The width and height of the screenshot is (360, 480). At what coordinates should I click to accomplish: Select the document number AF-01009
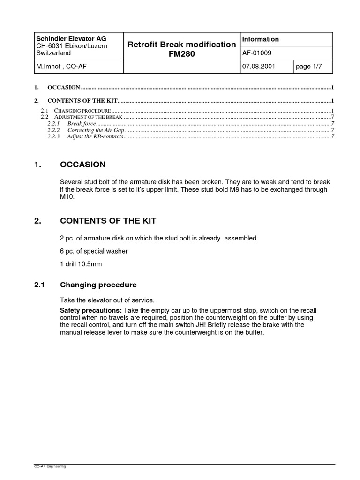pyautogui.click(x=256, y=53)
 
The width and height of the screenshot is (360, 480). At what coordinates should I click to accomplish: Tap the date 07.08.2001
pyautogui.click(x=259, y=67)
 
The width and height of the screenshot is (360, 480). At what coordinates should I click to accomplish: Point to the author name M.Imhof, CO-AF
pyautogui.click(x=61, y=67)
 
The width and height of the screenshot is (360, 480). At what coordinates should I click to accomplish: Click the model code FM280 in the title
pyautogui.click(x=181, y=54)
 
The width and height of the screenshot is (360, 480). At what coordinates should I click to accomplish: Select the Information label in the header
pyautogui.click(x=261, y=39)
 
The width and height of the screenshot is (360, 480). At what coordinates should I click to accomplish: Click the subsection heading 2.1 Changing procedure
pyautogui.click(x=98, y=285)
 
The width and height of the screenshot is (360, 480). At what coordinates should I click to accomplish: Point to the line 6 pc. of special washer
pyautogui.click(x=94, y=251)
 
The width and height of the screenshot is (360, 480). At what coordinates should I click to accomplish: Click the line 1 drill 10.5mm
pyautogui.click(x=81, y=264)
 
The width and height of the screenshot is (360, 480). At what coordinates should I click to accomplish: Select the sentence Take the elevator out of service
pyautogui.click(x=107, y=300)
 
